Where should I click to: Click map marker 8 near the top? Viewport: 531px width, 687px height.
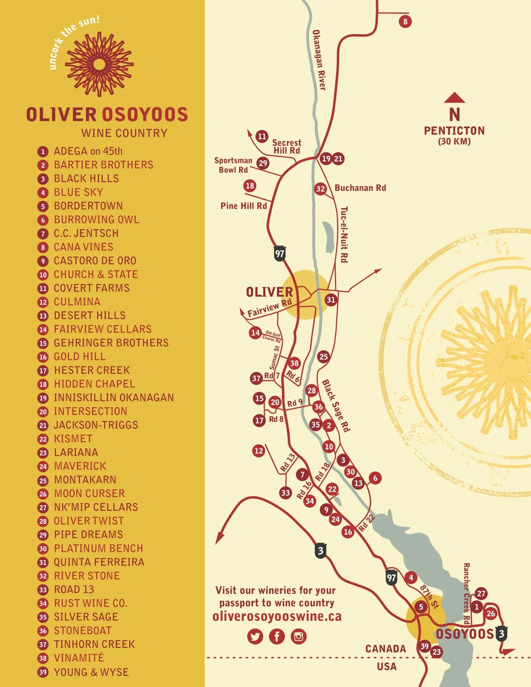coord(405,21)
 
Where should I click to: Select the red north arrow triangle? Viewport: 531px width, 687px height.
coord(454,98)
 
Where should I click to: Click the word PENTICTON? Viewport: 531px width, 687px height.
coord(454,131)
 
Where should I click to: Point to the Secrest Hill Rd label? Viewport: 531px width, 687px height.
coord(287,147)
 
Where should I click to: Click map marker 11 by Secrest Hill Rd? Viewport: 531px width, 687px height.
coord(262,136)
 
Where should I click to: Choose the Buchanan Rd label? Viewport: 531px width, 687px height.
coord(360,188)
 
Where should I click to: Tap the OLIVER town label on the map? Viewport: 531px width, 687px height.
coord(269,292)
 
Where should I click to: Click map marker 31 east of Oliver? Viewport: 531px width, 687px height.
coord(331,300)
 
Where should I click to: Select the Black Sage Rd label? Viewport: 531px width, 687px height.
coord(336,406)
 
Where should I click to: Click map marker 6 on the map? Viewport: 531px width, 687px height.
coord(375,478)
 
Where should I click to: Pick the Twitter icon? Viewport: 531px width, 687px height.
coord(255,636)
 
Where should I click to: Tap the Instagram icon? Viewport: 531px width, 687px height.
coord(299,636)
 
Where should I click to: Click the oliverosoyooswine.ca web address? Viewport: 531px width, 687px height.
coord(277,617)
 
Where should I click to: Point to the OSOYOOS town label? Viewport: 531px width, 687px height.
coord(464,634)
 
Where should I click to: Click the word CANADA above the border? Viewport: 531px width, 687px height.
coord(385,649)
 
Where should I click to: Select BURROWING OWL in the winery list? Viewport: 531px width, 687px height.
coord(96,219)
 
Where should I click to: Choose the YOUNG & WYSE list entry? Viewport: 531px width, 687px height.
coord(91,672)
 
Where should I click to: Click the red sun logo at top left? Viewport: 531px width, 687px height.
coord(99,64)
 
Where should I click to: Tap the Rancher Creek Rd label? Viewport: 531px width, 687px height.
coord(466,594)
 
